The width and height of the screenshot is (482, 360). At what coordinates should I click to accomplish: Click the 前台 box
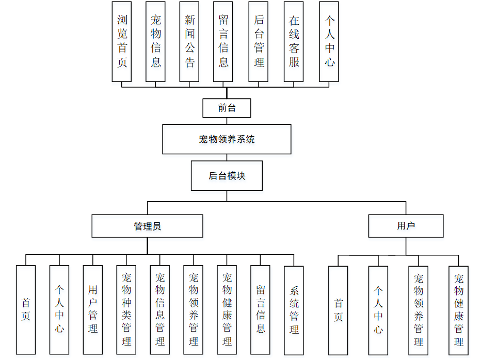tap(227, 108)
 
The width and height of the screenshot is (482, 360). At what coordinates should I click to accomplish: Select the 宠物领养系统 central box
tap(227, 139)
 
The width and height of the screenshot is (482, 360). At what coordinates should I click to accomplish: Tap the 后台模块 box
tap(227, 176)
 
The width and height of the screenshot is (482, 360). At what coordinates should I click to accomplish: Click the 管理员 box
tap(147, 226)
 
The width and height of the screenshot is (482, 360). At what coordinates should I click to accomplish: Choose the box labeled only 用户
tap(406, 226)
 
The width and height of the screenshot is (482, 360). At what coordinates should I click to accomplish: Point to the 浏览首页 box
tap(122, 41)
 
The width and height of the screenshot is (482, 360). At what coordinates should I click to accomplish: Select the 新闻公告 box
tap(189, 41)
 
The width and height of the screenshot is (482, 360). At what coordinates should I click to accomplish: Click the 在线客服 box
tap(294, 41)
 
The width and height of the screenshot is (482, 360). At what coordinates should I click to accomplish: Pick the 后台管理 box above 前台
tap(258, 41)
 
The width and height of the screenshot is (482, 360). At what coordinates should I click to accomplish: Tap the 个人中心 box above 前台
tap(329, 41)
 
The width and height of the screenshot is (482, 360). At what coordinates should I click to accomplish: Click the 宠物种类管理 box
tap(126, 309)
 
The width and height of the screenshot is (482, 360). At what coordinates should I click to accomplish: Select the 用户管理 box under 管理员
tap(93, 309)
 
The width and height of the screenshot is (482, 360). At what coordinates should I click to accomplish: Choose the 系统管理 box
tap(294, 309)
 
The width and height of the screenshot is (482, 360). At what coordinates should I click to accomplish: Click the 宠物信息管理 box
tap(160, 309)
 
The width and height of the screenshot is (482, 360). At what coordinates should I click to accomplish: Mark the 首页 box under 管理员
tap(26, 309)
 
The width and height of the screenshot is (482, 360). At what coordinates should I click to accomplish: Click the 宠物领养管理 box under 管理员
tap(194, 309)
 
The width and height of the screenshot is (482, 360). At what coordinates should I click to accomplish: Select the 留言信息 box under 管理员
tap(260, 309)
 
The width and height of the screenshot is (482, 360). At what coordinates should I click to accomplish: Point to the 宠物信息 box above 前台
tap(155, 41)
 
